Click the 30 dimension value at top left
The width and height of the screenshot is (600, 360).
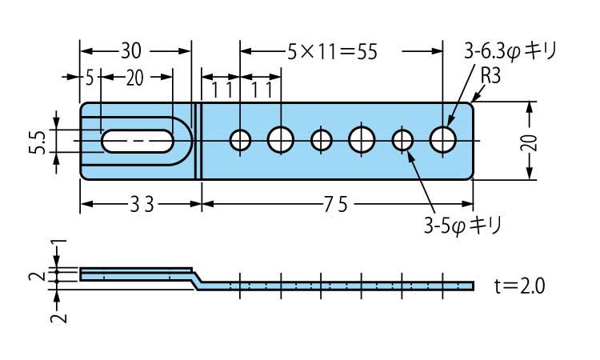[x=131, y=51]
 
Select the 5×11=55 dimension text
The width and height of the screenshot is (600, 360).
[x=331, y=53]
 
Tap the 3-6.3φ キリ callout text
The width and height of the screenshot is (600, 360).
[x=509, y=53]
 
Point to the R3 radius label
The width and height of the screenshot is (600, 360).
[x=490, y=76]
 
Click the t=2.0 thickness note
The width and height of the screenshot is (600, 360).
[x=519, y=286]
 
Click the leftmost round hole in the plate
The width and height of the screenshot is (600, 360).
[x=240, y=140]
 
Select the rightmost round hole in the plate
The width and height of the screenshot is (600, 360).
[x=442, y=140]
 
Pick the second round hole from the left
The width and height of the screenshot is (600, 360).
[x=281, y=140]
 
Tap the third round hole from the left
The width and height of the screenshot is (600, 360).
[x=322, y=140]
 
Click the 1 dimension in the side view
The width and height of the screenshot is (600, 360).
[x=55, y=245]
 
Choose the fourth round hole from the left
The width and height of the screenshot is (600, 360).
[x=362, y=140]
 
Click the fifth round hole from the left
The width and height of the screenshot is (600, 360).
[x=402, y=140]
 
